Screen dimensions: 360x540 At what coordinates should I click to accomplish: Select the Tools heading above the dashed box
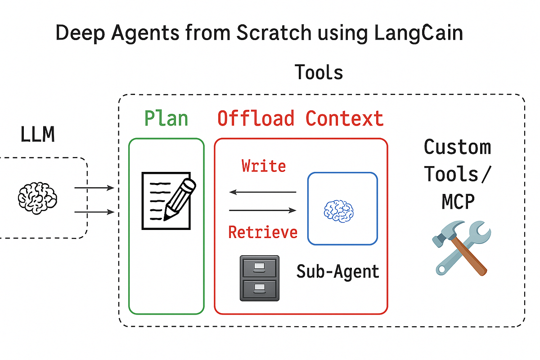pyautogui.click(x=319, y=72)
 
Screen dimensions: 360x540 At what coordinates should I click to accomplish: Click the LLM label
pyautogui.click(x=38, y=135)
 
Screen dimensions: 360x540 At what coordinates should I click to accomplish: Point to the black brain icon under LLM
pyautogui.click(x=37, y=197)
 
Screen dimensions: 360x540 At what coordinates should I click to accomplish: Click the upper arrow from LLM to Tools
pyautogui.click(x=94, y=188)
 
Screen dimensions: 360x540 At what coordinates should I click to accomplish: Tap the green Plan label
pyautogui.click(x=166, y=118)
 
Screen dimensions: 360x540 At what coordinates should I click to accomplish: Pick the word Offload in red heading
pyautogui.click(x=256, y=118)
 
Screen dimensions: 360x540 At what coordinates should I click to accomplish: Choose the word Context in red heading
pyautogui.click(x=345, y=118)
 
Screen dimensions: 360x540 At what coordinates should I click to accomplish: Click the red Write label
pyautogui.click(x=263, y=166)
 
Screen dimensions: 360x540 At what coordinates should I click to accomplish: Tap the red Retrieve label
pyautogui.click(x=263, y=232)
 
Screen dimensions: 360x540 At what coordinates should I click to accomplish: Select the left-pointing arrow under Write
pyautogui.click(x=263, y=192)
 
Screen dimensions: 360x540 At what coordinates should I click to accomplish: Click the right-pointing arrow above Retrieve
pyautogui.click(x=263, y=210)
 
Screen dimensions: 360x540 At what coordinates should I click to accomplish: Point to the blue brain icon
pyautogui.click(x=339, y=210)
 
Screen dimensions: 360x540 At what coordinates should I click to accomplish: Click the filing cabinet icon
pyautogui.click(x=259, y=278)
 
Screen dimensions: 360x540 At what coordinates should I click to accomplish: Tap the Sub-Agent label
pyautogui.click(x=337, y=271)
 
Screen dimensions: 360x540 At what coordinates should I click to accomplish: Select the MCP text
pyautogui.click(x=457, y=202)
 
